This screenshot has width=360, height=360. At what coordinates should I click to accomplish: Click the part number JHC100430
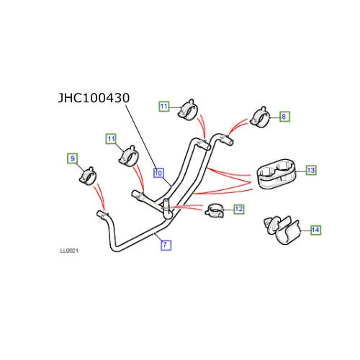coord(94,98)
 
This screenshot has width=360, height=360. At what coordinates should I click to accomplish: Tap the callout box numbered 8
coord(284,117)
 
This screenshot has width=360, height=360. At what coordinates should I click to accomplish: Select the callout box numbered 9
coord(73,158)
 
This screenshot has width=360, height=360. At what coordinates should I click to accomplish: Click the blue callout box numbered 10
coord(158,173)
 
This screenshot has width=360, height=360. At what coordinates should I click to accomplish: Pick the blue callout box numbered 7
coord(166,245)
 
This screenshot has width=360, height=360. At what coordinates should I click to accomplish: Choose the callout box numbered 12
coord(239,209)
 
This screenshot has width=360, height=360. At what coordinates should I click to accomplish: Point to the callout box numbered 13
coord(311,170)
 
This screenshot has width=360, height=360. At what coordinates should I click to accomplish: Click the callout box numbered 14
coord(315,230)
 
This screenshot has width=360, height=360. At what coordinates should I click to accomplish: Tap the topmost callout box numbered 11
coord(164,106)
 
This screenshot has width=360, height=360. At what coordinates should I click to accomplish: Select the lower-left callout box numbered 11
coord(111,139)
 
